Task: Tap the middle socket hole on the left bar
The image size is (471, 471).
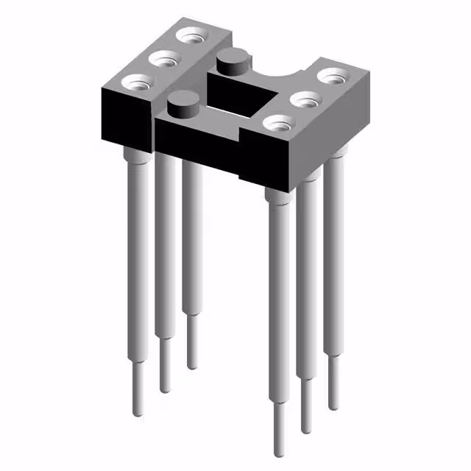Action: coord(165,57)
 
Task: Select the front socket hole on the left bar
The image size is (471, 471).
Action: coord(137,82)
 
